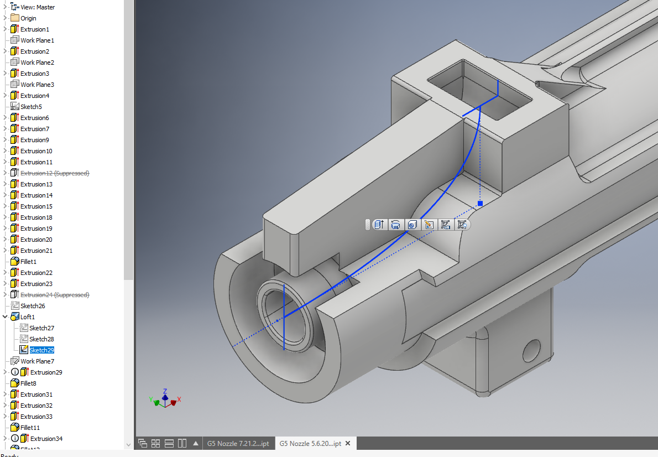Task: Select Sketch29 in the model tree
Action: (41, 350)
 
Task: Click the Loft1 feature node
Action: (28, 317)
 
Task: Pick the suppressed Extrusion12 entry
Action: (54, 173)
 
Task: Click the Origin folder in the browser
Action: (28, 18)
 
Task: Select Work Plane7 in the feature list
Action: (37, 361)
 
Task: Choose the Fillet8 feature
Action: (28, 383)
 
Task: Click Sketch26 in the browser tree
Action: (33, 306)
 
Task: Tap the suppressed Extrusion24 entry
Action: (54, 295)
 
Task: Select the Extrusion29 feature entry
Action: (46, 372)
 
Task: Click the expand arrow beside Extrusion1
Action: (5, 29)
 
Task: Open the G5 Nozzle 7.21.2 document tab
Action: (238, 444)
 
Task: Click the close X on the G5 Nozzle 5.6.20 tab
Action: (348, 444)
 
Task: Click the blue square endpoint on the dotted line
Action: (480, 204)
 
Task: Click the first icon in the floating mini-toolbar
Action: (379, 225)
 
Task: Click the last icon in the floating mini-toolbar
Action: (462, 225)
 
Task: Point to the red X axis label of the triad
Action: (179, 399)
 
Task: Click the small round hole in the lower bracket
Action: (531, 349)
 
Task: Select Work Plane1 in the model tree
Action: (37, 40)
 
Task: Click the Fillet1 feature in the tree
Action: (28, 262)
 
